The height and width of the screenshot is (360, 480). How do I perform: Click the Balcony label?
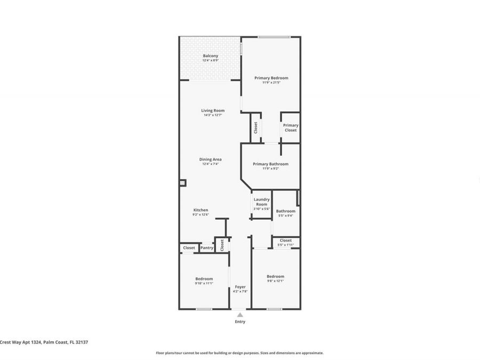tap(210, 56)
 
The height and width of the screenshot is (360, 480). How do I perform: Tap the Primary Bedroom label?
tap(271, 78)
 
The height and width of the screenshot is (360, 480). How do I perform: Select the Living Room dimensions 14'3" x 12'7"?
tap(212, 115)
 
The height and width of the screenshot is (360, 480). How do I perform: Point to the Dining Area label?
tap(210, 159)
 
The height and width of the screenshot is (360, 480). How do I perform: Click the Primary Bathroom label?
tap(270, 164)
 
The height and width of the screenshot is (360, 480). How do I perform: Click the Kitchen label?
tap(201, 210)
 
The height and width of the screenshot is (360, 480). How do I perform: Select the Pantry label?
tap(207, 248)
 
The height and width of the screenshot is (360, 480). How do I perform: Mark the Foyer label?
tap(240, 287)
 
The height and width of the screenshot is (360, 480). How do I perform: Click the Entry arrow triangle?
tap(240, 315)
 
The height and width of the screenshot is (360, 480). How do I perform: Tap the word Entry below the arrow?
tap(240, 322)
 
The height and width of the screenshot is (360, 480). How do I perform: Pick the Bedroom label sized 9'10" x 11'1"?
tap(204, 278)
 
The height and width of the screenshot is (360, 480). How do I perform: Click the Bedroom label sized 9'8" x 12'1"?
tap(275, 276)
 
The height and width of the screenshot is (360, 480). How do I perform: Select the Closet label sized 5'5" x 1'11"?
tap(286, 241)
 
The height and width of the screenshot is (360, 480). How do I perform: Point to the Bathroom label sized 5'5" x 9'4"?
tap(285, 211)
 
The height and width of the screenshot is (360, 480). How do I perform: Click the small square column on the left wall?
tap(182, 183)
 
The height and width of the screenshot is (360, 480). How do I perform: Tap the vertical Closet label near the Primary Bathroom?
tap(256, 127)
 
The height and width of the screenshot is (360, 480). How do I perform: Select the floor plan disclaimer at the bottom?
tap(239, 353)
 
